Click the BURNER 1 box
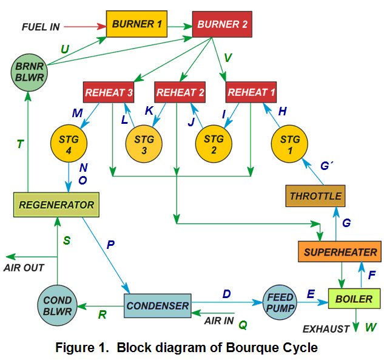tap(136, 24)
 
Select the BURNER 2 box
tap(222, 24)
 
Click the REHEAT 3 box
tap(108, 92)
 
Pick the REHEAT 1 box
tap(251, 92)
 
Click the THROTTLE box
tap(315, 195)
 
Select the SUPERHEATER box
tap(340, 252)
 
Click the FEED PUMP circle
tap(280, 302)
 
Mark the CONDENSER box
tap(157, 305)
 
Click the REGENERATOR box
tap(56, 205)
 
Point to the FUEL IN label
tap(41, 27)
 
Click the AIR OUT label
tap(24, 267)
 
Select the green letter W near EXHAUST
tap(370, 328)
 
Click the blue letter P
tap(110, 245)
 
